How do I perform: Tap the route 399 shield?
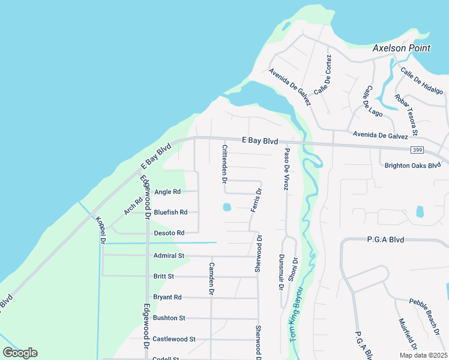point(417,149)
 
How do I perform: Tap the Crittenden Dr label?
point(224,163)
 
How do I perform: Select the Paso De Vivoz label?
point(287,169)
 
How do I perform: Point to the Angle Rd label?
point(167,192)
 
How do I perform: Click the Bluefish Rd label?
point(170,212)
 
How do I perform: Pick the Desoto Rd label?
point(169,233)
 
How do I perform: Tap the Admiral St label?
point(168,256)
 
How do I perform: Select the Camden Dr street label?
point(211,278)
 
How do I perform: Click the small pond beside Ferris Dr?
point(227,208)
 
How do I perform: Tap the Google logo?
point(20,353)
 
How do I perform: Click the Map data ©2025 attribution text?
point(421,355)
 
